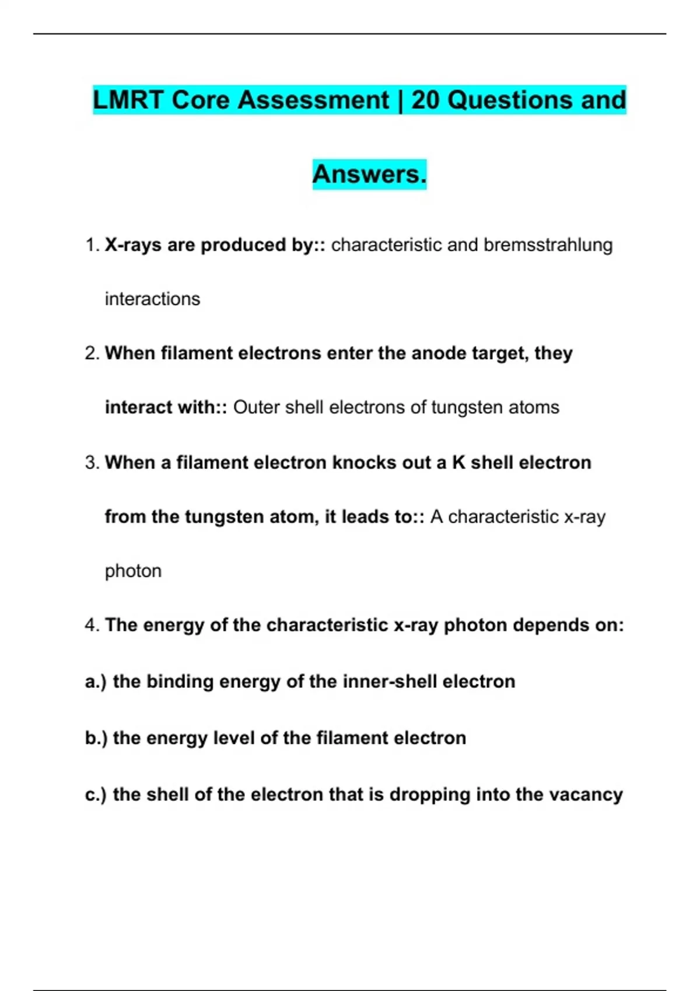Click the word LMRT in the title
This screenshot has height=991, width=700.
point(128,100)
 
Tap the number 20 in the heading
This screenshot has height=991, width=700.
point(425,100)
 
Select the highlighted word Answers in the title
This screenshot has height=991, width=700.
point(369,174)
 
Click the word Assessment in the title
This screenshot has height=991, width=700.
point(313,100)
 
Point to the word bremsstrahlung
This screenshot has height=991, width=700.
point(548,245)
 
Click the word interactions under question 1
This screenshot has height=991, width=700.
point(152,299)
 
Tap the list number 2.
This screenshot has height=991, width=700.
point(92,353)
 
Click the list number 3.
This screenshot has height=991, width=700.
point(92,463)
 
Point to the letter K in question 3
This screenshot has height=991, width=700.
point(459,463)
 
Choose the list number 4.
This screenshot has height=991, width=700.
point(92,625)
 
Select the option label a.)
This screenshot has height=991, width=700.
point(95,681)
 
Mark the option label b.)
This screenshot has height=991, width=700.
point(96,738)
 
